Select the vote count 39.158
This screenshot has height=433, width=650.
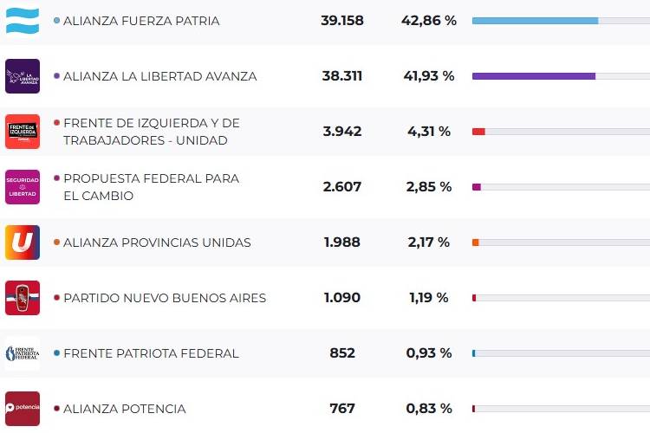pyautogui.click(x=341, y=21)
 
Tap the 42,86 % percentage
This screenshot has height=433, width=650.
pyautogui.click(x=428, y=21)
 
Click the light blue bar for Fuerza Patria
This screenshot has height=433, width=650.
pyautogui.click(x=535, y=21)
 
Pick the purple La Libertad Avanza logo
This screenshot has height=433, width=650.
pyautogui.click(x=23, y=76)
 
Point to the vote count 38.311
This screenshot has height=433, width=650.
pyautogui.click(x=341, y=76)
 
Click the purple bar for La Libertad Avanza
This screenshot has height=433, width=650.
pyautogui.click(x=533, y=76)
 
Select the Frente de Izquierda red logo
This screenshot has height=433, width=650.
pyautogui.click(x=23, y=132)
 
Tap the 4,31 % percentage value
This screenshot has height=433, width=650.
pyautogui.click(x=428, y=132)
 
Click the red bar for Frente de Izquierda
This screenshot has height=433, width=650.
pyautogui.click(x=478, y=132)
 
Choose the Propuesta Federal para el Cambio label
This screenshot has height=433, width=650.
pyautogui.click(x=151, y=187)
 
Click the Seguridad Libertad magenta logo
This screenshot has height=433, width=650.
pyautogui.click(x=23, y=187)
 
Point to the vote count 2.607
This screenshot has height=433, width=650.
pyautogui.click(x=341, y=187)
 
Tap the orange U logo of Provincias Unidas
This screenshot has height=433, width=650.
pyautogui.click(x=23, y=242)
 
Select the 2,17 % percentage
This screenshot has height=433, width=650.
pyautogui.click(x=428, y=242)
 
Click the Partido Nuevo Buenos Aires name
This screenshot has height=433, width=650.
pyautogui.click(x=165, y=298)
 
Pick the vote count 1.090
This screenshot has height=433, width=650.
pyautogui.click(x=341, y=298)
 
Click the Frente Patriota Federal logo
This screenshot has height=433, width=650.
pyautogui.click(x=23, y=353)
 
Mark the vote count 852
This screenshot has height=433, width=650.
pyautogui.click(x=341, y=353)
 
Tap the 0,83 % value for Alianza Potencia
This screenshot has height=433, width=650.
pyautogui.click(x=428, y=409)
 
